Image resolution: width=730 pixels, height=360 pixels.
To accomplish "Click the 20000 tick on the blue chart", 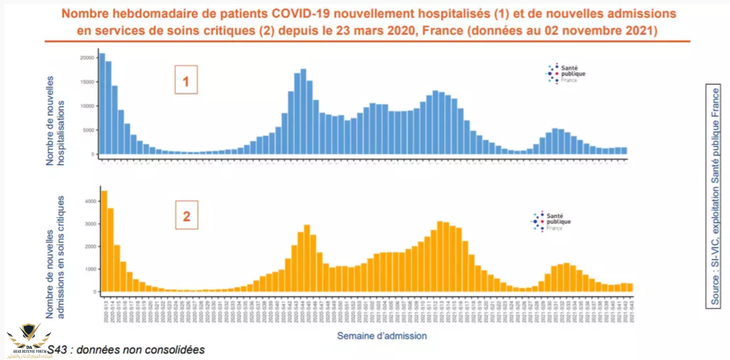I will pos(86,57).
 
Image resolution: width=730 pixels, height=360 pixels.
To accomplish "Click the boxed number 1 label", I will pos(186,80).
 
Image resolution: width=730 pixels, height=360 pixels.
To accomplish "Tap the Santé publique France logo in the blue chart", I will pos(565,74).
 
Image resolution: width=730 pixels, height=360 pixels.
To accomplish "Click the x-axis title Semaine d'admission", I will pos(381,335).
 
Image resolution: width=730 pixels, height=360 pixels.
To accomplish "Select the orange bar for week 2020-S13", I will pos(104,241).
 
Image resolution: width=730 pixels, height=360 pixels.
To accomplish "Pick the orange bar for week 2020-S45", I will pos(307,259).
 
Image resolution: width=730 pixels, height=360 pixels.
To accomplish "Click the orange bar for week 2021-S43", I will pos(630,288).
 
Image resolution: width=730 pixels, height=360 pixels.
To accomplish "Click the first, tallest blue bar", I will pos(102,104).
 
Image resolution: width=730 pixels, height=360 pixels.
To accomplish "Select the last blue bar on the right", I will pos(624,151).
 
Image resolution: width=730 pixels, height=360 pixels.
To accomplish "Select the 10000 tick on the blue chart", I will pos(86,106).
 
